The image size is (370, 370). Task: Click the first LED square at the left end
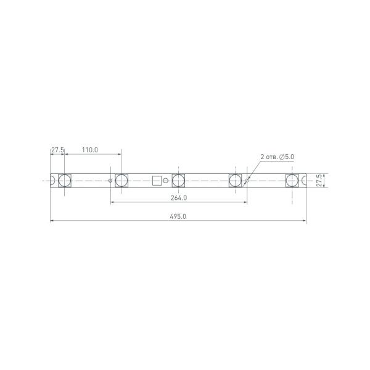pyautogui.click(x=65, y=180)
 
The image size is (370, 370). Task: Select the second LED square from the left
pyautogui.click(x=121, y=180)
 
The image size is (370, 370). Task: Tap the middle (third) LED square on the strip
pyautogui.click(x=178, y=180)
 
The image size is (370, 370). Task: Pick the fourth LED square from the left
pyautogui.click(x=235, y=180)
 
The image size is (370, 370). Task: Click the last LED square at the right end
pyautogui.click(x=292, y=180)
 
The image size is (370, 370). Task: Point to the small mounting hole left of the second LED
pyautogui.click(x=110, y=180)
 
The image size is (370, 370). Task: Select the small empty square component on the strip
pyautogui.click(x=157, y=180)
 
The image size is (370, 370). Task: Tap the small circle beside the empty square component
pyautogui.click(x=165, y=180)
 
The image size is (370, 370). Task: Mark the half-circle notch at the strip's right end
pyautogui.click(x=305, y=180)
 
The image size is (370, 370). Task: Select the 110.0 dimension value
pyautogui.click(x=89, y=150)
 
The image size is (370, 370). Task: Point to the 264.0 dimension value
pyautogui.click(x=178, y=198)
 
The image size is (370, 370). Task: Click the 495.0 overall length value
pyautogui.click(x=178, y=216)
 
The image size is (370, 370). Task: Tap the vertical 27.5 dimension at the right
pyautogui.click(x=318, y=180)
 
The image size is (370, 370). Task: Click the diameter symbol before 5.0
pyautogui.click(x=282, y=158)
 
